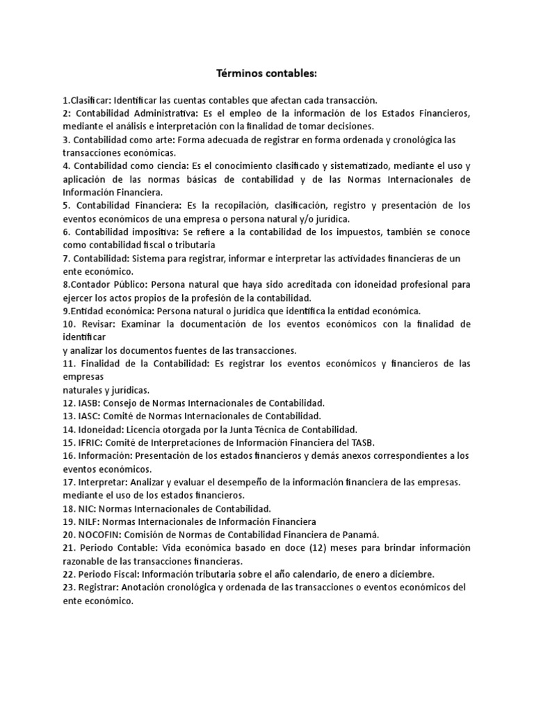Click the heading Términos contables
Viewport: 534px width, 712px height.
tap(266, 73)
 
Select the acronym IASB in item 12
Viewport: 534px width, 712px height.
tap(92, 403)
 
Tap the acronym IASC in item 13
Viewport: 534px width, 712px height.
tap(92, 416)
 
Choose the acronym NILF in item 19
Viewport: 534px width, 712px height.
tap(91, 521)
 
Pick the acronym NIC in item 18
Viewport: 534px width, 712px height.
tap(90, 508)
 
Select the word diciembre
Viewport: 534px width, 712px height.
tap(411, 574)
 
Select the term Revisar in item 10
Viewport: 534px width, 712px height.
tap(102, 324)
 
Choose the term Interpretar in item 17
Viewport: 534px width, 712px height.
tap(105, 482)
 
